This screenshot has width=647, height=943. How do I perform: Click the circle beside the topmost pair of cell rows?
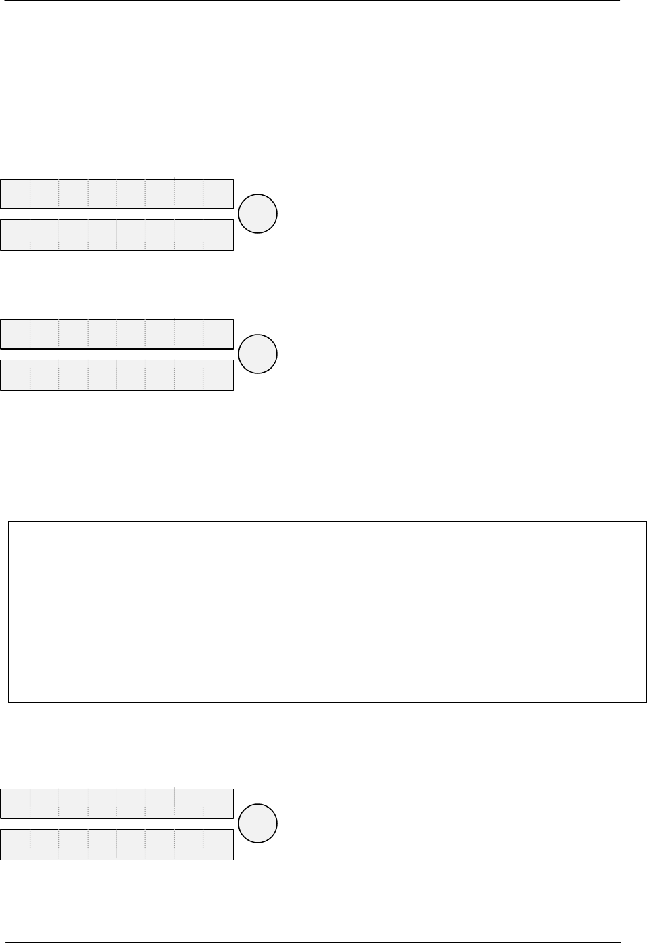pyautogui.click(x=258, y=214)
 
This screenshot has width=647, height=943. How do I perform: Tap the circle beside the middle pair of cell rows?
pyautogui.click(x=258, y=354)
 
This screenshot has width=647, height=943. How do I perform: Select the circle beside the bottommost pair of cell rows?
pyautogui.click(x=258, y=824)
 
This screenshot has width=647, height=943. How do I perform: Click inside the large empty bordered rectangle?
pyautogui.click(x=327, y=611)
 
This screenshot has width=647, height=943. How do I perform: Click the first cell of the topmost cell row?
pyautogui.click(x=16, y=194)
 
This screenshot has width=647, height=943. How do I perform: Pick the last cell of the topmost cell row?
pyautogui.click(x=218, y=194)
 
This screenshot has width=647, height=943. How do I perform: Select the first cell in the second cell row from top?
pyautogui.click(x=16, y=234)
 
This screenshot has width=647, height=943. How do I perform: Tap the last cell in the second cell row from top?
pyautogui.click(x=218, y=234)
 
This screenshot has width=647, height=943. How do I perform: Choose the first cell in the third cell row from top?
pyautogui.click(x=16, y=334)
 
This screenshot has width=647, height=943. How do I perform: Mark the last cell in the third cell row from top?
pyautogui.click(x=218, y=334)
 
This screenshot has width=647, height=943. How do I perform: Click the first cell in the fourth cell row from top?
pyautogui.click(x=16, y=375)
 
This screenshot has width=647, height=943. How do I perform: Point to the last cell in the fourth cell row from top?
pyautogui.click(x=218, y=375)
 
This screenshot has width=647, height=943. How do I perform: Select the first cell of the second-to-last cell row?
pyautogui.click(x=16, y=803)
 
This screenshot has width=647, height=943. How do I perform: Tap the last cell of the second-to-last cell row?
pyautogui.click(x=218, y=803)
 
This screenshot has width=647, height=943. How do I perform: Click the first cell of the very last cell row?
pyautogui.click(x=16, y=844)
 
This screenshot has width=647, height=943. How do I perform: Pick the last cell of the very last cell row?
pyautogui.click(x=218, y=844)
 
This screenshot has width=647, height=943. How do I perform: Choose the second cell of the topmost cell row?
pyautogui.click(x=45, y=194)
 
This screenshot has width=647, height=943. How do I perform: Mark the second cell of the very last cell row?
pyautogui.click(x=45, y=844)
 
